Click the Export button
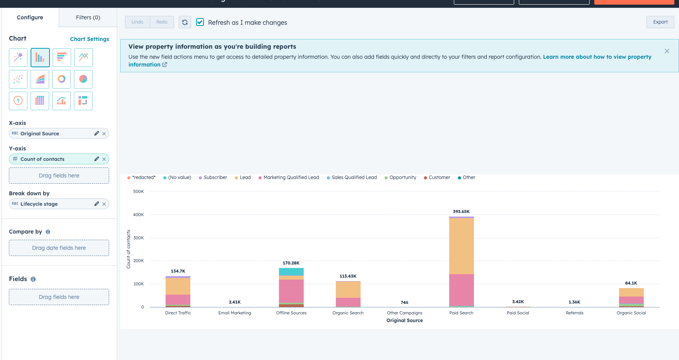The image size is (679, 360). pos(660,22)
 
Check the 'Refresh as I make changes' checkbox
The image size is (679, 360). pos(200,22)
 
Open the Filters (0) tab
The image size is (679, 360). pos(88,17)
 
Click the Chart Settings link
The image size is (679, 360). pos(89,39)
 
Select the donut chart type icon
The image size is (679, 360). pos(62,79)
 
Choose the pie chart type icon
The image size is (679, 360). pos(83,79)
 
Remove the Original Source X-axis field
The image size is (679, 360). pos(104,134)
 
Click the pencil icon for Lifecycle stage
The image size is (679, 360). pos(96,204)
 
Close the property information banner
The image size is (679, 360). pos(667,51)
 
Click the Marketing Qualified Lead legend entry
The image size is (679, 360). pos(291,177)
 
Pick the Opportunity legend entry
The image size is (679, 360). pos(402,177)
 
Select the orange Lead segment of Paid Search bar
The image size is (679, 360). pos(461,246)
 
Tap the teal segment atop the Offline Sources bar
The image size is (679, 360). pos(291,271)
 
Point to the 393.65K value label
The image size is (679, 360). pos(461,212)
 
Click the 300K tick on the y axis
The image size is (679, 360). pos(139,238)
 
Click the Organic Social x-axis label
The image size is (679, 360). pos(631,313)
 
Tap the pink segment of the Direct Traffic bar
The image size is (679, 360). pos(178,299)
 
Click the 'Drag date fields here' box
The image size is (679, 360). pos(59,248)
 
